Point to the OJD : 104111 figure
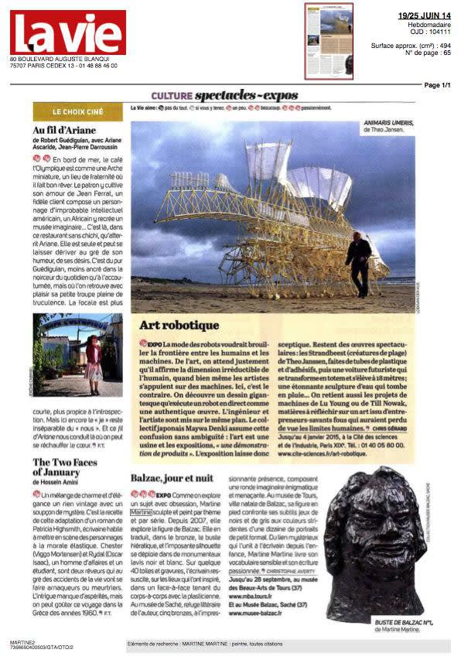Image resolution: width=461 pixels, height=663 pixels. [429, 32]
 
